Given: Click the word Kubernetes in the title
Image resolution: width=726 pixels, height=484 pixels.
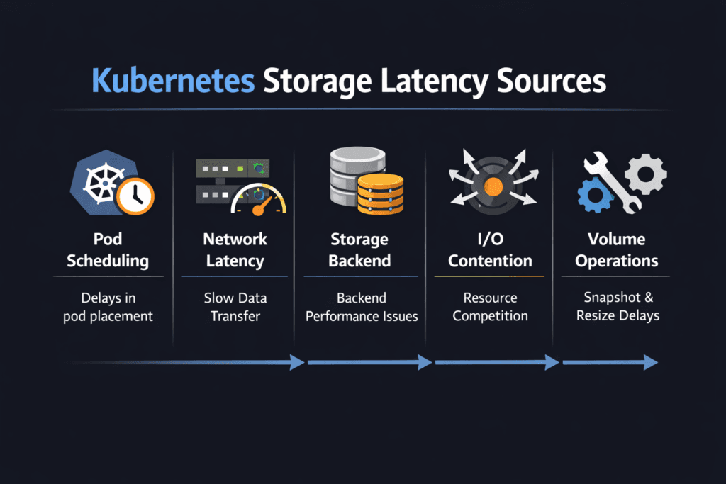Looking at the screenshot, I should [x=173, y=81].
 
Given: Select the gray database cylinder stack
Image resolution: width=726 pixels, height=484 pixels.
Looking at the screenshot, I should [x=352, y=177].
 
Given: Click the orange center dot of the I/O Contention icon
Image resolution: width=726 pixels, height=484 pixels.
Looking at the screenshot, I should [x=491, y=186].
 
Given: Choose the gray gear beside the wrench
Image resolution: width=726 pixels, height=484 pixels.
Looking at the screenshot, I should [x=646, y=174].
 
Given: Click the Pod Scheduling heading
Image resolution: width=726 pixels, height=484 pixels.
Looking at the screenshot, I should [x=108, y=249].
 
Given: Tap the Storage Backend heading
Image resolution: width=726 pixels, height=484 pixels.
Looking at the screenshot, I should [x=360, y=249].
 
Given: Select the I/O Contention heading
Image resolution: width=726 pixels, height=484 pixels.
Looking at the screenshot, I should [x=490, y=249].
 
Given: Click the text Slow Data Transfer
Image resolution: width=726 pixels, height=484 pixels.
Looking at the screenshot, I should [x=235, y=307].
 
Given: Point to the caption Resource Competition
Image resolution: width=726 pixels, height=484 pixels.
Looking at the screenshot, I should [x=490, y=307].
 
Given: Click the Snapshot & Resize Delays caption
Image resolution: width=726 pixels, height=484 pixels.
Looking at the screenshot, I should [x=618, y=306].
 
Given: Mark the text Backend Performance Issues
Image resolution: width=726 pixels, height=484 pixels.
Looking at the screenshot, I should [x=362, y=307].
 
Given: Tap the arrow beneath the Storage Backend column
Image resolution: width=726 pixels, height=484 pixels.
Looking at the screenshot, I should [x=369, y=362].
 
